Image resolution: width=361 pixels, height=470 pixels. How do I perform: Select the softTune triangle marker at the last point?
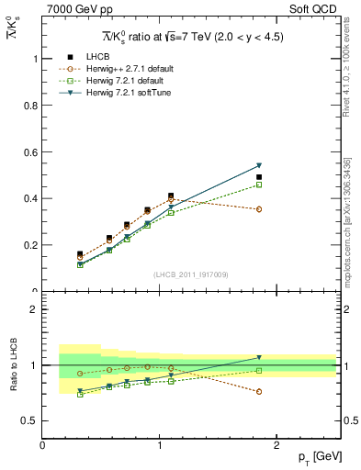[x=259, y=165]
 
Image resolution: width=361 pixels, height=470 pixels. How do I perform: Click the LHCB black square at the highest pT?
[x=259, y=177]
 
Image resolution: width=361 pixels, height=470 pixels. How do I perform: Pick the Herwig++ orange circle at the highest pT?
[x=259, y=209]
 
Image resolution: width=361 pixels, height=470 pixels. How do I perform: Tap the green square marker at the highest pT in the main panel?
[x=259, y=185]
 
